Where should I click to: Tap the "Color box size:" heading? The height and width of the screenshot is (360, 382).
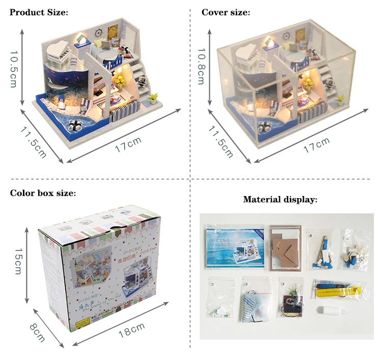[x=43, y=193]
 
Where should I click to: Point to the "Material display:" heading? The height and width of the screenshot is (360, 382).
[x=280, y=200]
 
